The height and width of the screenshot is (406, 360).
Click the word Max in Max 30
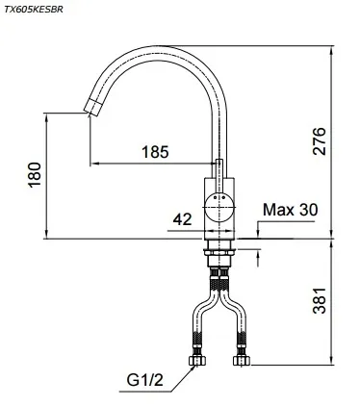click(278, 210)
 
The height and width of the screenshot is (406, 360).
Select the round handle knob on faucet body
click(220, 204)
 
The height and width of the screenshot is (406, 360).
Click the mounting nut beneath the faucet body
click(220, 253)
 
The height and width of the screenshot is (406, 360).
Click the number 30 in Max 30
click(306, 210)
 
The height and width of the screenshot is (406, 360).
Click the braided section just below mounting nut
click(220, 279)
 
